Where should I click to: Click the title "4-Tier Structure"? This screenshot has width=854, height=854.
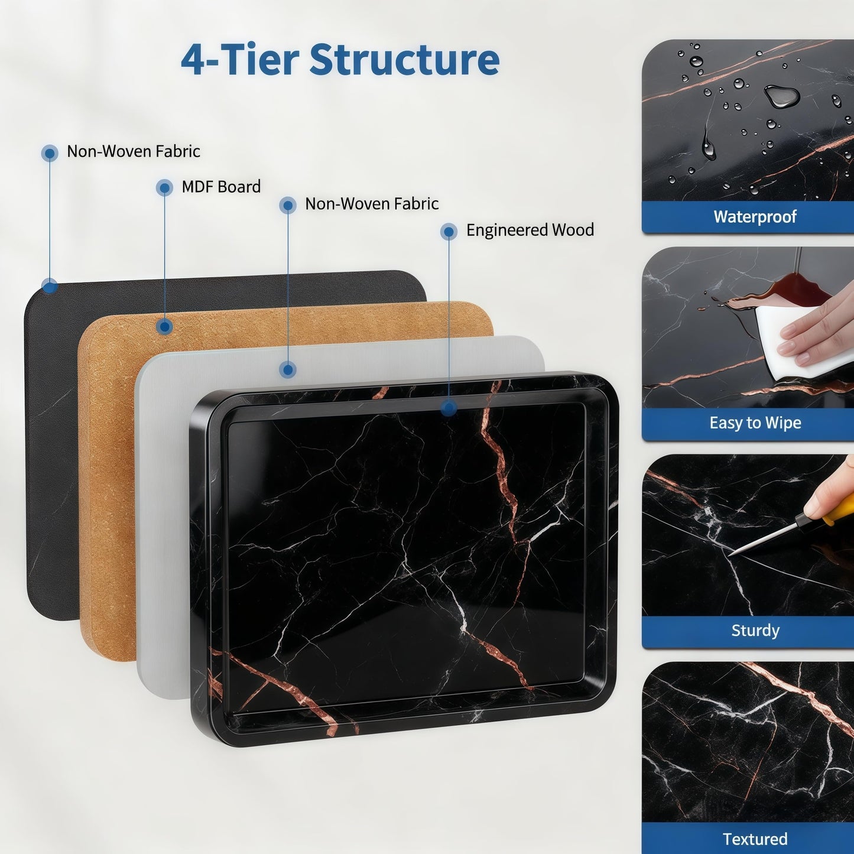click(x=340, y=59)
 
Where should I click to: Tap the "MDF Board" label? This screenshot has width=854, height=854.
click(x=221, y=187)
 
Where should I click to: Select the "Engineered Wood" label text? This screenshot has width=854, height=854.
click(x=530, y=230)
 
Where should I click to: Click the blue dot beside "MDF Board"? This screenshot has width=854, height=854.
click(x=164, y=188)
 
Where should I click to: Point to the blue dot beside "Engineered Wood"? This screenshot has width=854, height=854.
click(x=449, y=231)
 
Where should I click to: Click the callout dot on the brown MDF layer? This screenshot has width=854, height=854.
click(x=165, y=327)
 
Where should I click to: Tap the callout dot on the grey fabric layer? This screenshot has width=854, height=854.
click(x=288, y=369)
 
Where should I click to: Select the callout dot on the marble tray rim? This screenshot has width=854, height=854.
click(x=449, y=408)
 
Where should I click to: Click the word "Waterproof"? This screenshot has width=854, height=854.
click(x=755, y=217)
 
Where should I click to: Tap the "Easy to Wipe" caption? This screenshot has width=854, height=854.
click(x=755, y=423)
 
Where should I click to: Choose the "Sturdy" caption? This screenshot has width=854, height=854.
click(x=755, y=630)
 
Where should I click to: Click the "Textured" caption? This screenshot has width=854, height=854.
click(x=755, y=839)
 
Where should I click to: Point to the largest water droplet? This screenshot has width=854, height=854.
click(x=782, y=96)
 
